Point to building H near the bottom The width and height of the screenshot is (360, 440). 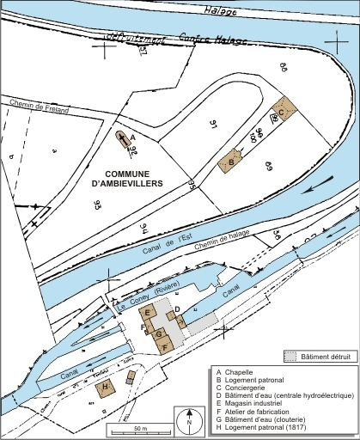[x=106, y=387]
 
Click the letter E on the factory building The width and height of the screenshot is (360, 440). [x=149, y=310]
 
